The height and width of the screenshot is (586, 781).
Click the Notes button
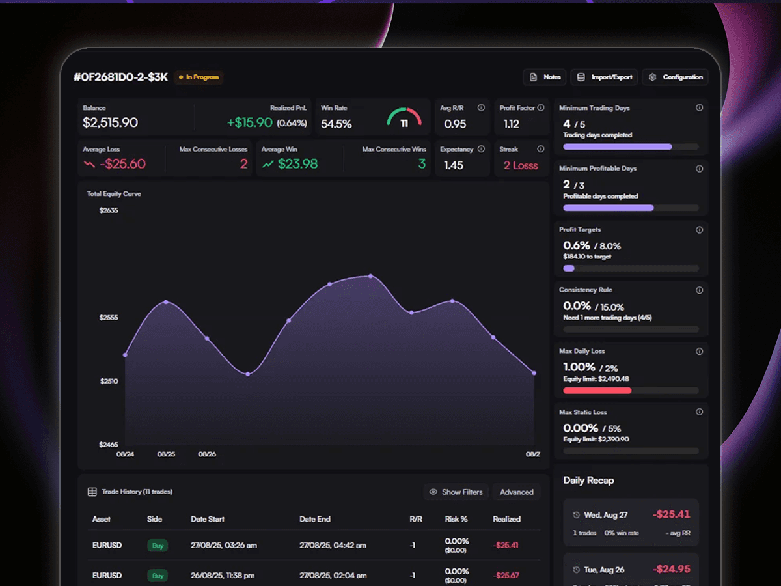[544, 77]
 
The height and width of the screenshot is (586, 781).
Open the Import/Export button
[604, 77]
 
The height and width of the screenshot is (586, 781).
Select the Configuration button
[675, 77]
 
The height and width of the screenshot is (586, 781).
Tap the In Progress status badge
[199, 77]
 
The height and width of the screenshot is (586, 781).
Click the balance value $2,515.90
[110, 123]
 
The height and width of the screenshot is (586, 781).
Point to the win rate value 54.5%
[336, 124]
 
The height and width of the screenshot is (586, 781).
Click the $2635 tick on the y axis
[109, 210]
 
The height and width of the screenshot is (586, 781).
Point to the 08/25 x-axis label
[166, 454]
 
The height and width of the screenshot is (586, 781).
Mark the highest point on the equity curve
[371, 276]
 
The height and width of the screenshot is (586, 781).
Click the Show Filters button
[456, 492]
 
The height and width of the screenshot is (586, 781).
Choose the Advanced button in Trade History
[517, 492]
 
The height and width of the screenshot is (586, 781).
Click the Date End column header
[315, 519]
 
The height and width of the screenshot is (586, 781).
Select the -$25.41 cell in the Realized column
[506, 545]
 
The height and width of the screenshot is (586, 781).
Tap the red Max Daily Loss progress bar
[597, 391]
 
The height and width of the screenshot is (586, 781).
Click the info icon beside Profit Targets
[699, 230]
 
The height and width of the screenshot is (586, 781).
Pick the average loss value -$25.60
[123, 164]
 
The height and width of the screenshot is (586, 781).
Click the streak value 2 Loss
[521, 165]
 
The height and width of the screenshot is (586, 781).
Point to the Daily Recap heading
[588, 481]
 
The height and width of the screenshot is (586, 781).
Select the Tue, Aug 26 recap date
[604, 570]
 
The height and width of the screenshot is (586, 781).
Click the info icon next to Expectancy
[481, 149]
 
